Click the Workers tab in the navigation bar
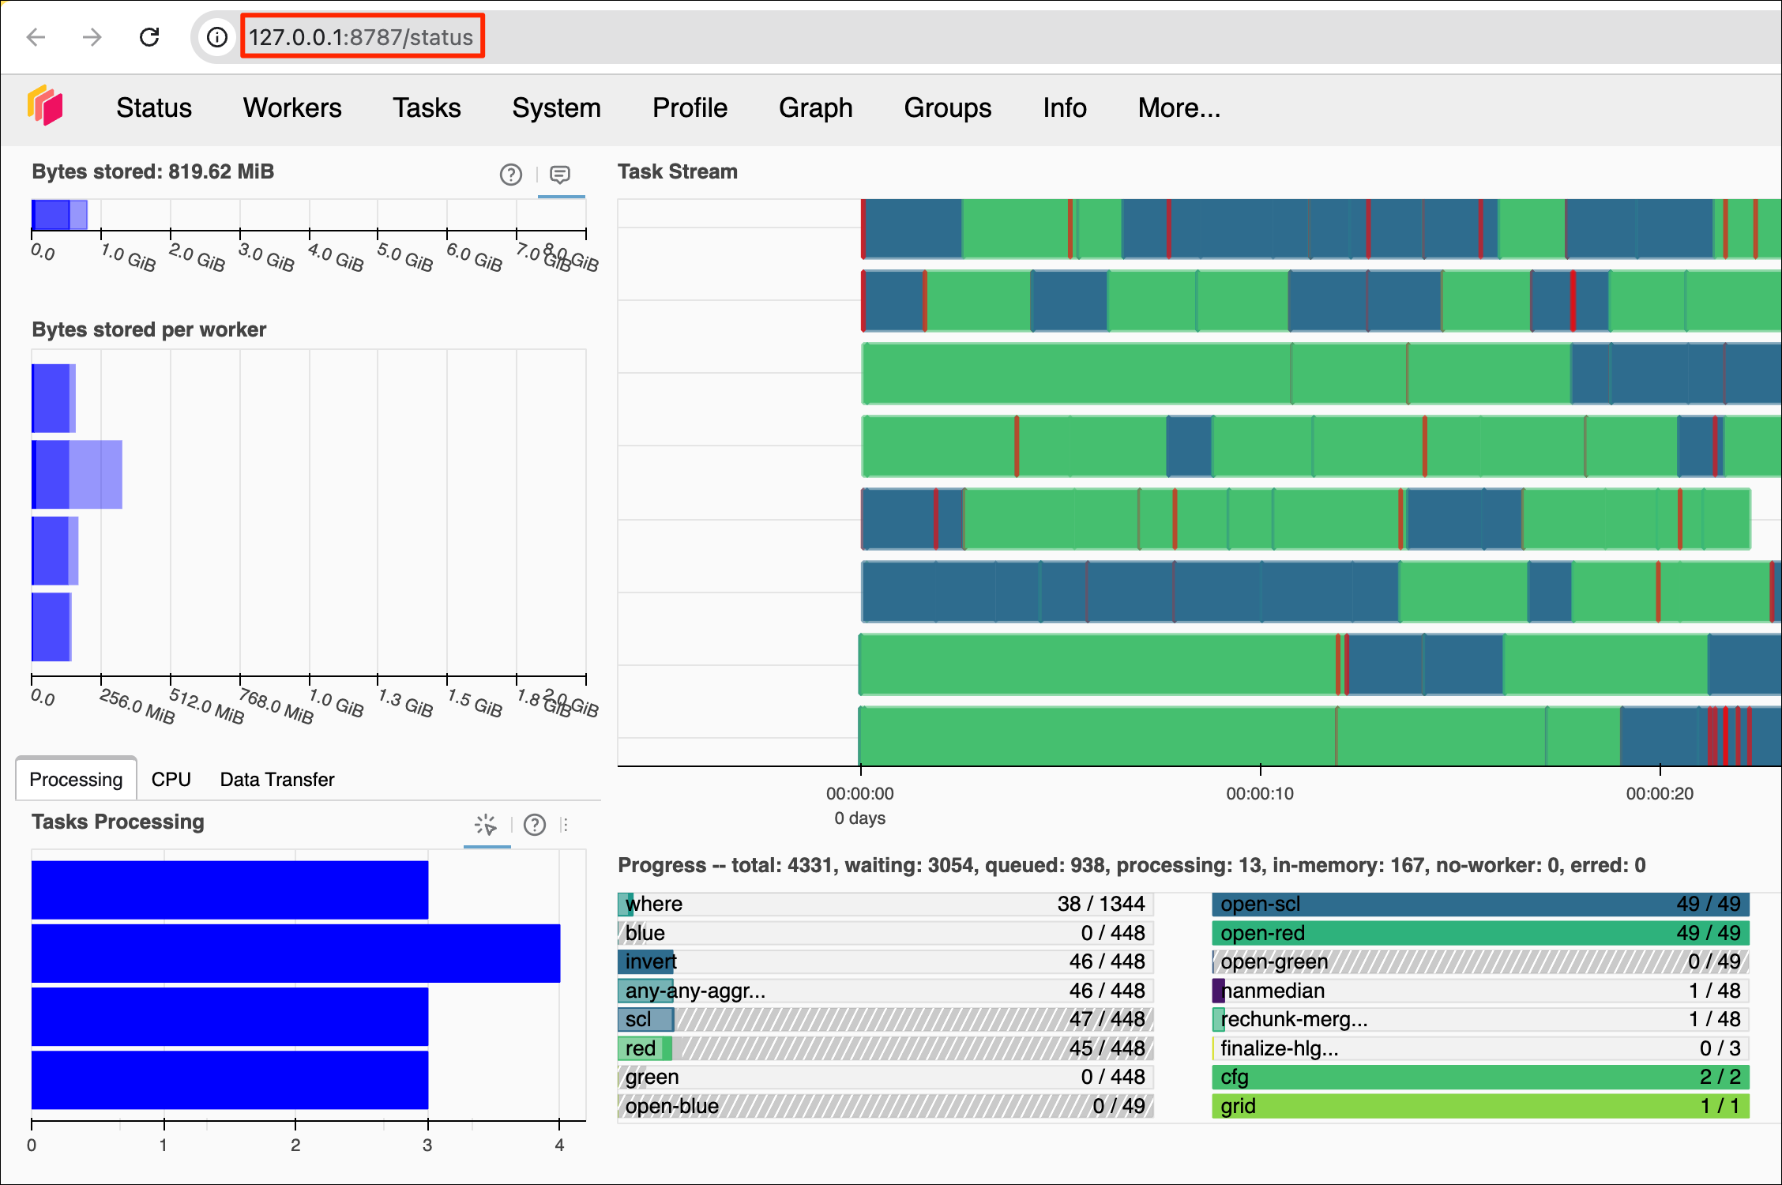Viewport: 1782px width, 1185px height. point(292,107)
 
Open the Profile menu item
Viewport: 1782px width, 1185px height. point(690,107)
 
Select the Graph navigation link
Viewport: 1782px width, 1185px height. point(815,107)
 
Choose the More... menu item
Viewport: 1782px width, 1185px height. point(1179,107)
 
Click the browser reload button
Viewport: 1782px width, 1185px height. point(149,37)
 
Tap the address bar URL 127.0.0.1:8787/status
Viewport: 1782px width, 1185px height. point(361,37)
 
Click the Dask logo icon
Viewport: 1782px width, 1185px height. point(45,105)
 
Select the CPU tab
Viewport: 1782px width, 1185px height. point(171,780)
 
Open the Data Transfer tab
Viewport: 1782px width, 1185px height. point(277,780)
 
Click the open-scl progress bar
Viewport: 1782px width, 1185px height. point(1480,904)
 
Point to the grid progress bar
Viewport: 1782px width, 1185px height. point(1480,1106)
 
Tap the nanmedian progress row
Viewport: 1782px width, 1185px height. point(1480,991)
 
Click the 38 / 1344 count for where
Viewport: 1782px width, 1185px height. point(1101,904)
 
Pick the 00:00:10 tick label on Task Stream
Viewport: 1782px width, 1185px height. point(1260,794)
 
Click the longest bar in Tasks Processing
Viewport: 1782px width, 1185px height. point(295,954)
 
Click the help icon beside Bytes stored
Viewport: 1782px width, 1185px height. point(511,175)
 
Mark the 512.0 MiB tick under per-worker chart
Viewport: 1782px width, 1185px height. point(205,705)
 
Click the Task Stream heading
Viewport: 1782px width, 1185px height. point(678,172)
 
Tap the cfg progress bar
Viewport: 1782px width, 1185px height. point(1480,1077)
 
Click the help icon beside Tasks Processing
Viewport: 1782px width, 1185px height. point(535,825)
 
